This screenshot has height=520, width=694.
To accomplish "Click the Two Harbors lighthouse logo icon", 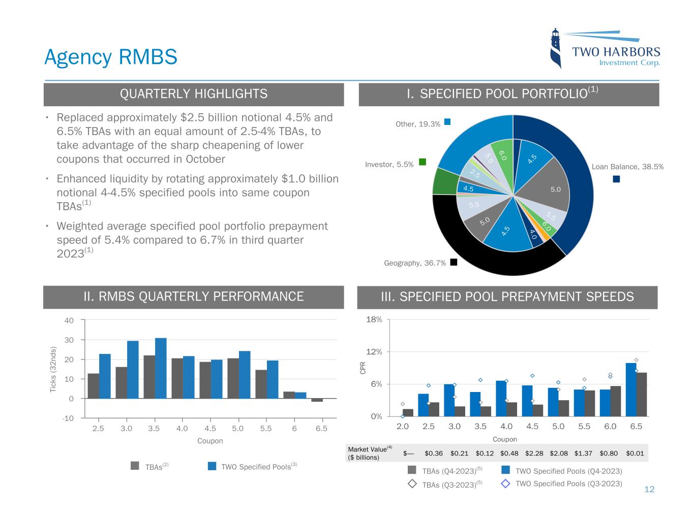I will click(x=557, y=49).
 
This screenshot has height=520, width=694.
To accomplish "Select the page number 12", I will click(x=649, y=490).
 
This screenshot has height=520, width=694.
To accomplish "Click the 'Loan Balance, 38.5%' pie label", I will click(x=628, y=167).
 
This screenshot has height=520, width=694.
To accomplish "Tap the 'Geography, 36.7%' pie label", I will click(x=415, y=263).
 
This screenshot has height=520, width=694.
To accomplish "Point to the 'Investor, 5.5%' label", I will click(x=389, y=165).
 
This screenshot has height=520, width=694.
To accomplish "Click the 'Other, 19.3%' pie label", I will click(x=418, y=124).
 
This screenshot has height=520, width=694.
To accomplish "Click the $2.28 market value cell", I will click(x=533, y=453).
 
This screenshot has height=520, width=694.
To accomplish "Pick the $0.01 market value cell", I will click(x=635, y=453).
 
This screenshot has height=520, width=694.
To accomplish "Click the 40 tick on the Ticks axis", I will click(x=69, y=320).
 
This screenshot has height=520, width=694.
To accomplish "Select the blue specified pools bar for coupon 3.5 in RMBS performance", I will click(x=161, y=368).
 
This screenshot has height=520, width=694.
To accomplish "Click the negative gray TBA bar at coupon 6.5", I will click(x=317, y=400).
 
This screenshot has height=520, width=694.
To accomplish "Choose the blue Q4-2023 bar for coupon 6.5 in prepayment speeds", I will click(x=631, y=389).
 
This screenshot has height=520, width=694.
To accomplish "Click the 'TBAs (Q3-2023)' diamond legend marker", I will click(x=412, y=484).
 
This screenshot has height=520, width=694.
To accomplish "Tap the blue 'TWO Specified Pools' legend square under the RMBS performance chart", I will click(x=213, y=466).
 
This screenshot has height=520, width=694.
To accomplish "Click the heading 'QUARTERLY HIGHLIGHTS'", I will click(x=193, y=94).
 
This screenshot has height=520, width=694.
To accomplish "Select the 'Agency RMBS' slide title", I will click(x=111, y=57).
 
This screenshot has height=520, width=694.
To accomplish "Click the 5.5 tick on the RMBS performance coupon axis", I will click(x=265, y=429).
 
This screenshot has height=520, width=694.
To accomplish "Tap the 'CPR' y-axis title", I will click(x=363, y=368).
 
